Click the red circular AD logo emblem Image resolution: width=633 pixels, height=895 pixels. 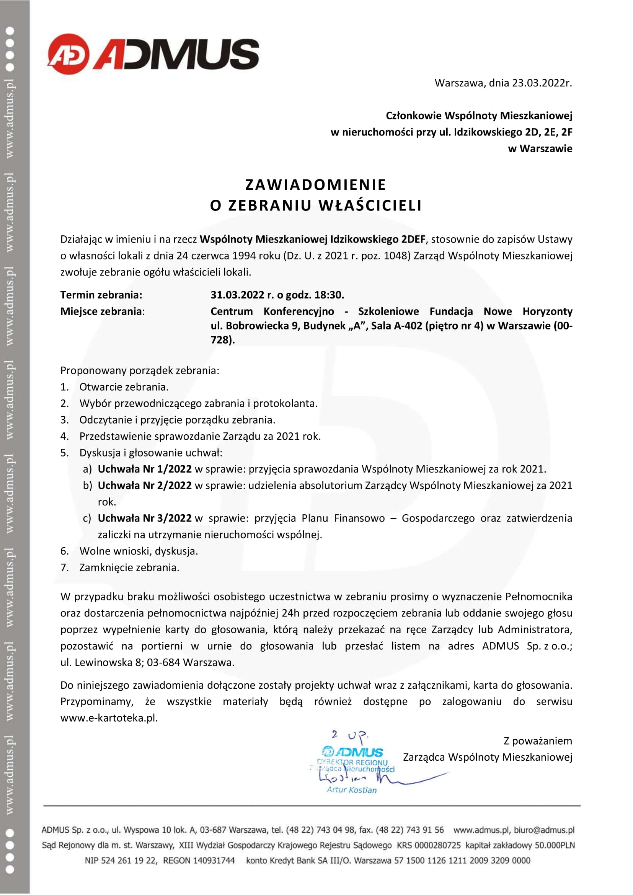coord(68,54)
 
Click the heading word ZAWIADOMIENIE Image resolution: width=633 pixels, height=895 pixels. coord(316,185)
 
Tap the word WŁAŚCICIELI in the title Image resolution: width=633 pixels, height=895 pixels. coord(370,205)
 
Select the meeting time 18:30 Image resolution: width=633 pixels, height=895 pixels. coord(329,295)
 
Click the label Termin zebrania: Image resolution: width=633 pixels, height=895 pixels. coord(101,295)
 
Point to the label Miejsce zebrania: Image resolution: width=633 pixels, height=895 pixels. coord(103,311)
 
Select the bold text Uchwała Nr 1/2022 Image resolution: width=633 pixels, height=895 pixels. coord(145,469)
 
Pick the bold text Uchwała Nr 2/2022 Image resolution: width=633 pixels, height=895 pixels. coord(145,485)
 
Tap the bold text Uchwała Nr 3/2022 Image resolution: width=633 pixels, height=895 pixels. coord(145,518)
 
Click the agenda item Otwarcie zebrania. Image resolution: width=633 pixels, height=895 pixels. coord(124,387)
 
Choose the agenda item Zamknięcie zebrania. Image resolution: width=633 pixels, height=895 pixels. coord(129,567)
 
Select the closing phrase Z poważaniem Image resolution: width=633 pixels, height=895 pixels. coord(538,741)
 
